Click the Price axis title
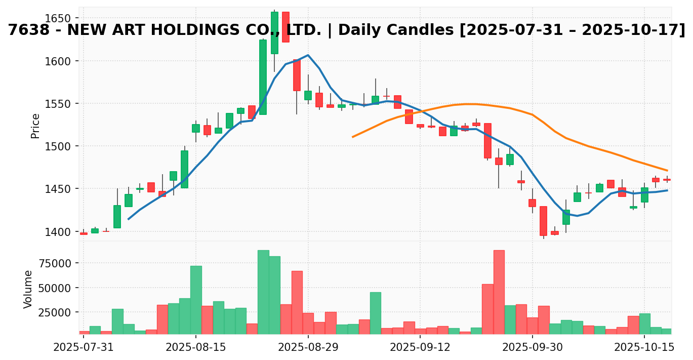coord(35,126)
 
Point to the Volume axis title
coord(28,289)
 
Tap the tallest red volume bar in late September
coord(499,292)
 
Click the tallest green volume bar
coord(263,292)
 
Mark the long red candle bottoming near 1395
coord(543,221)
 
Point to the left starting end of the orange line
coord(353,137)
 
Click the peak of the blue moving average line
coord(308,55)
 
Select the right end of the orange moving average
coord(667,171)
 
